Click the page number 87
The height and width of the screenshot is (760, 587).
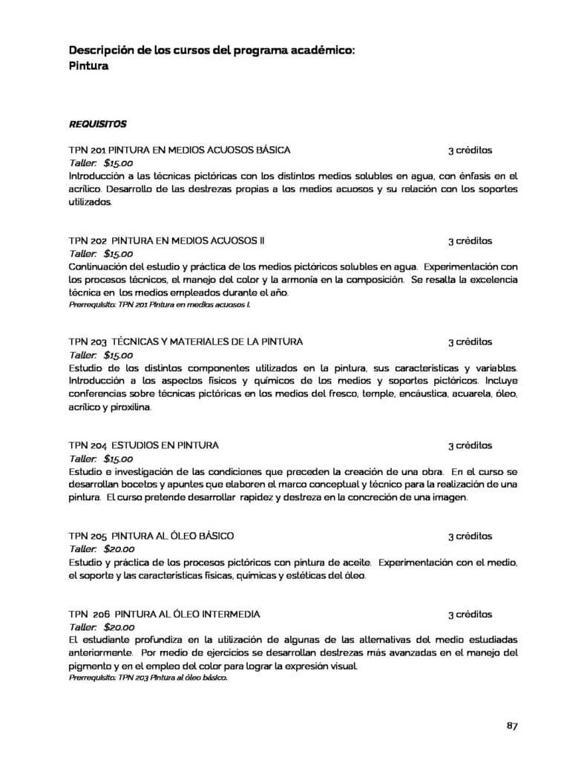click(512, 725)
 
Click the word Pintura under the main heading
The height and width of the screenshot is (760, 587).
click(89, 66)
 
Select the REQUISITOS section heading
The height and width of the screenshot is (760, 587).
click(97, 123)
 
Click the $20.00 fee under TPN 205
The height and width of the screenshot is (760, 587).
click(119, 549)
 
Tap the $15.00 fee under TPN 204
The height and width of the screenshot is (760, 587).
click(119, 459)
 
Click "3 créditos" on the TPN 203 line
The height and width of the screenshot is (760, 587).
click(470, 342)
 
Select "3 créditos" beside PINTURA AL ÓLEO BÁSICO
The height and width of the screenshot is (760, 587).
click(470, 536)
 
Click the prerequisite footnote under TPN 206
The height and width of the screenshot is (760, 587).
click(148, 678)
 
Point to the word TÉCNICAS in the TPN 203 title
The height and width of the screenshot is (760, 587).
click(135, 342)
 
